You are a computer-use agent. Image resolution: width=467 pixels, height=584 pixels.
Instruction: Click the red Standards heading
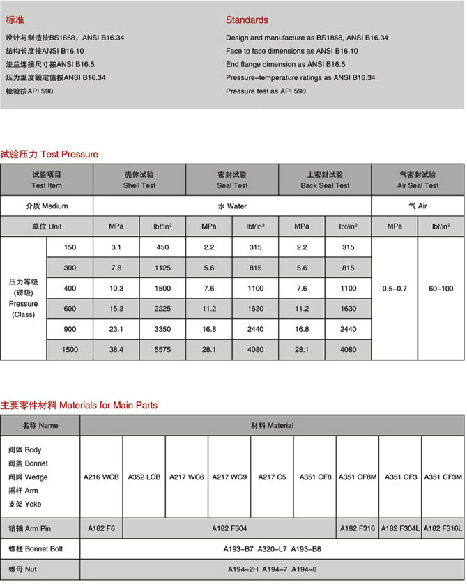point(247,20)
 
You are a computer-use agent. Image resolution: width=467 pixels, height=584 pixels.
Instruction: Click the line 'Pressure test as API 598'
point(266,91)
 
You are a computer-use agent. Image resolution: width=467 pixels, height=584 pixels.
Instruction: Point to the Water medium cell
point(232,206)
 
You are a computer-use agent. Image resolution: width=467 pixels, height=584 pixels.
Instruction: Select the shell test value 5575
point(162,350)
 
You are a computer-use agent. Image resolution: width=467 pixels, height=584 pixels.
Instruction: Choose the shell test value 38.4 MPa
point(116,350)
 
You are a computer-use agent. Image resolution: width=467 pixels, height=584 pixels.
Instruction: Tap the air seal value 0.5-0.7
point(395,288)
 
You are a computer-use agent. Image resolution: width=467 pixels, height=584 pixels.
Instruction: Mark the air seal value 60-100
point(441,288)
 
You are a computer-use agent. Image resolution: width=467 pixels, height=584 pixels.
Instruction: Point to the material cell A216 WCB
point(101,477)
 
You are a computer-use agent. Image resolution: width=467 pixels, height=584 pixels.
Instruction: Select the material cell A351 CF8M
point(358,477)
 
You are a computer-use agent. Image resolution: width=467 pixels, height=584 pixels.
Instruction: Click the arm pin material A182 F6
point(101,529)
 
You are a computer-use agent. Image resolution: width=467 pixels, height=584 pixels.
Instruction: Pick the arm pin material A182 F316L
point(443,529)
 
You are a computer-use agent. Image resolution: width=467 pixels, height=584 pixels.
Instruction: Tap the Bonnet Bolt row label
point(40,550)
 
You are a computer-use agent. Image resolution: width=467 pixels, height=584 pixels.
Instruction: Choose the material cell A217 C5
point(272,477)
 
